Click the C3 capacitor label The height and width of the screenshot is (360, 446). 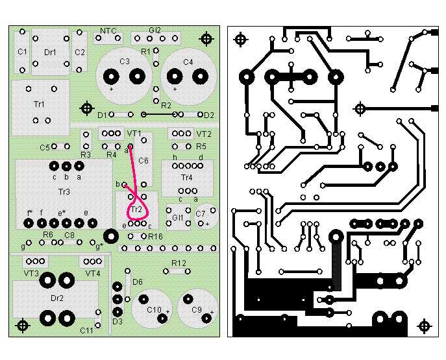pos(124,62)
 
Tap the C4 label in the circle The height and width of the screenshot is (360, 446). pos(188,62)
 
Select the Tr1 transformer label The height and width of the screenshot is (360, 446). pos(39,104)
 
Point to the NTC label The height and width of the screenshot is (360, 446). pos(108,30)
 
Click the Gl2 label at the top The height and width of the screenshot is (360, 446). pos(155,30)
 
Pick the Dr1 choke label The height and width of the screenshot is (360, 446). pos(50,52)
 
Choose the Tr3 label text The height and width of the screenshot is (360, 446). pos(64,191)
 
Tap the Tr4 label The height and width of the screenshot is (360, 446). pos(187,177)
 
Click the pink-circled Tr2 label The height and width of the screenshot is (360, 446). pos(136,210)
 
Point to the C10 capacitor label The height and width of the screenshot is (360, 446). pos(153,310)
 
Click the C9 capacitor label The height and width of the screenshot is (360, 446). pos(197,310)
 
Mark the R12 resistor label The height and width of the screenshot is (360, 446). pos(179,263)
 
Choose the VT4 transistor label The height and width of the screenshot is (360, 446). pos(93,274)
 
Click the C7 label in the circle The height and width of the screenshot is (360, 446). pos(201,213)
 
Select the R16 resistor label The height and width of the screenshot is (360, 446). pos(155,237)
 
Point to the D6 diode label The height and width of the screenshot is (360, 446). pos(137,282)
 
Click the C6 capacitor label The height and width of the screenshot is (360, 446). pos(143,160)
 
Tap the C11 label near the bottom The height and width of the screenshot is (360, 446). pos(86,330)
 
